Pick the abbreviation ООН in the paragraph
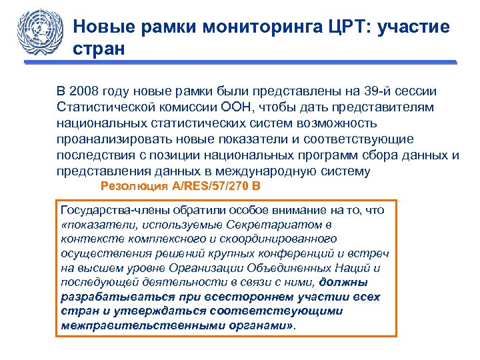(237, 107)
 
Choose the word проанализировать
(117, 139)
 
